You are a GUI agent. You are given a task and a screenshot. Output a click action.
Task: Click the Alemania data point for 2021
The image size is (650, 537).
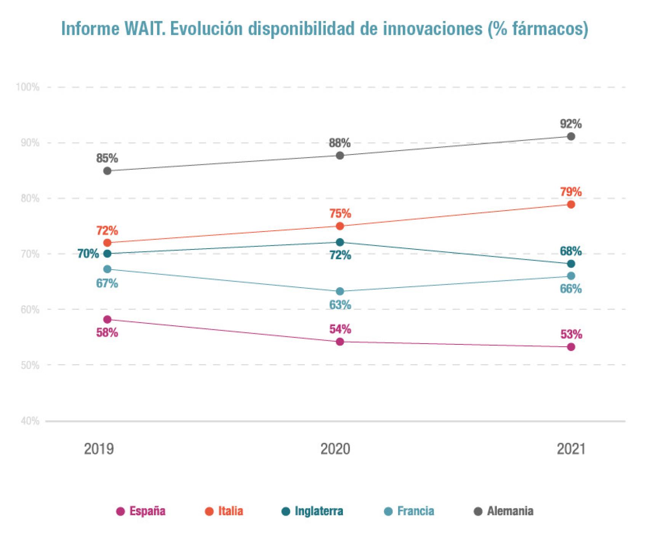pyautogui.click(x=570, y=137)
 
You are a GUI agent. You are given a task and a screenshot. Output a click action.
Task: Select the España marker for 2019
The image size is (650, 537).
pyautogui.click(x=107, y=319)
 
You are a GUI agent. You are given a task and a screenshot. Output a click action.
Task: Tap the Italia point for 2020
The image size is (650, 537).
pyautogui.click(x=340, y=226)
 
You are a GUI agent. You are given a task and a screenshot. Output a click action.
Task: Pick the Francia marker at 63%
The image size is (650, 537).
pyautogui.click(x=340, y=291)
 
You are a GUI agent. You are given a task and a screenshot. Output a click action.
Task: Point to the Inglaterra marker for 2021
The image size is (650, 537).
pyautogui.click(x=570, y=264)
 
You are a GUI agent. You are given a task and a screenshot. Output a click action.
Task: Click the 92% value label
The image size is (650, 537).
pyautogui.click(x=570, y=124)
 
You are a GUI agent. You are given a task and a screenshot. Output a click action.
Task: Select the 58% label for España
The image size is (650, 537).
pyautogui.click(x=107, y=333)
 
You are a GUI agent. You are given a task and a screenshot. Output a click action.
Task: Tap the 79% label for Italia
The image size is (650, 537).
pyautogui.click(x=570, y=192)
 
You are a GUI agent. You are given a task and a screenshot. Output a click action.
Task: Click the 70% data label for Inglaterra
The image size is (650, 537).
pyautogui.click(x=88, y=254)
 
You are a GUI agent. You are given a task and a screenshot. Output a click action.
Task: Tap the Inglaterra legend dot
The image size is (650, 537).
pyautogui.click(x=286, y=511)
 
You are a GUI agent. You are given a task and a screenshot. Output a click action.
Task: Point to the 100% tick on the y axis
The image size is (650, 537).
pyautogui.click(x=28, y=87)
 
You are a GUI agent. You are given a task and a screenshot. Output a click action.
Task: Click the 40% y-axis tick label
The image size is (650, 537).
pyautogui.click(x=28, y=421)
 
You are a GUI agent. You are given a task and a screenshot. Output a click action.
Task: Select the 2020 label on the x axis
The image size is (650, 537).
pyautogui.click(x=335, y=449)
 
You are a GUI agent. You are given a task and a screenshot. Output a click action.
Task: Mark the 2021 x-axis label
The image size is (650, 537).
pyautogui.click(x=570, y=449)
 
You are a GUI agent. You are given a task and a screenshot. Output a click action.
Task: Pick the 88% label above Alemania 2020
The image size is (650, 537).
pyautogui.click(x=340, y=143)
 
